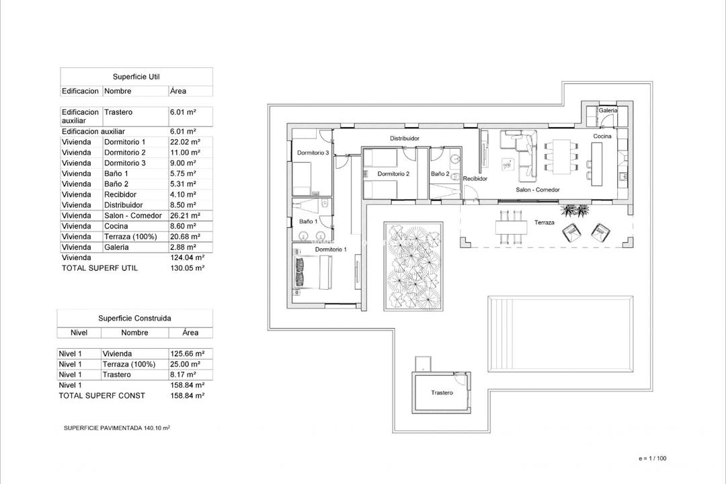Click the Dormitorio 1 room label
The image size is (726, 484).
[x=331, y=249]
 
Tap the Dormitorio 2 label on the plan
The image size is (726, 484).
[x=393, y=173]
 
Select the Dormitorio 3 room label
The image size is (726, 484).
[x=313, y=153]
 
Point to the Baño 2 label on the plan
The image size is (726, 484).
[x=440, y=173]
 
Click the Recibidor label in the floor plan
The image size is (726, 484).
[x=475, y=179]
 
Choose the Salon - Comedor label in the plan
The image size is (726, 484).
[x=537, y=190]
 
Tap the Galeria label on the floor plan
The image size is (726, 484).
[x=608, y=110]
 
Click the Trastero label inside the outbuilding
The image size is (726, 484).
[x=442, y=393]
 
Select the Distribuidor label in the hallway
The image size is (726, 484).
[x=405, y=138]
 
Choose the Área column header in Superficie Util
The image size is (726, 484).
[x=178, y=91]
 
